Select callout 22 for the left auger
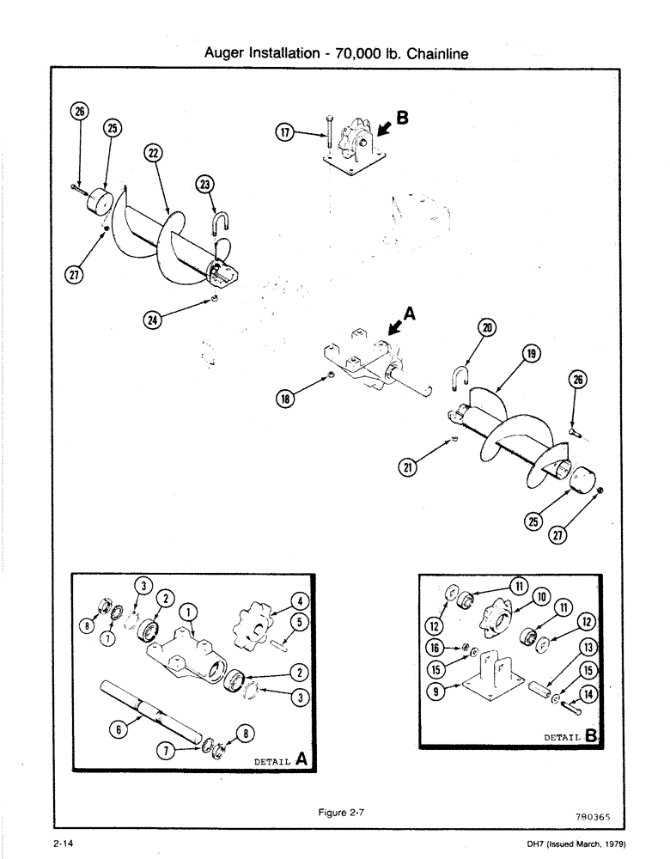152,153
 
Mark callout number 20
488,326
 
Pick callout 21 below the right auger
410,466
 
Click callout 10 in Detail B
541,595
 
